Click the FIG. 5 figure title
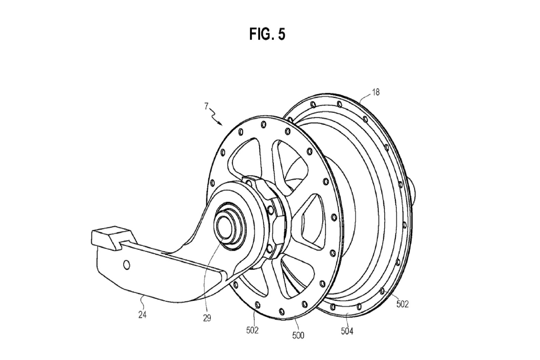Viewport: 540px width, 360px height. (267, 34)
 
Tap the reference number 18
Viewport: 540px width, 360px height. (376, 92)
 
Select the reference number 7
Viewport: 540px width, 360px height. (206, 106)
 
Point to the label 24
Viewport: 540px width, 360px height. (142, 315)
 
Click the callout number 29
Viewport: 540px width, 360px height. (207, 318)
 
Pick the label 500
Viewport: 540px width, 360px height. (298, 335)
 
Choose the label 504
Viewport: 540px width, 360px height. (347, 331)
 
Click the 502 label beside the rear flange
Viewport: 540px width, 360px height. (402, 304)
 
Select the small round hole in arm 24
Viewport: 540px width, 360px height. (126, 265)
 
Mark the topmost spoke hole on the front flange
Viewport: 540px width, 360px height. (264, 125)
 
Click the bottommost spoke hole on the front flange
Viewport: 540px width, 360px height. (282, 312)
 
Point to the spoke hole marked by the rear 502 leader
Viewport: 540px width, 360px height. (382, 291)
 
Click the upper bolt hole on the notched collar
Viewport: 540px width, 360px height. (271, 210)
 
